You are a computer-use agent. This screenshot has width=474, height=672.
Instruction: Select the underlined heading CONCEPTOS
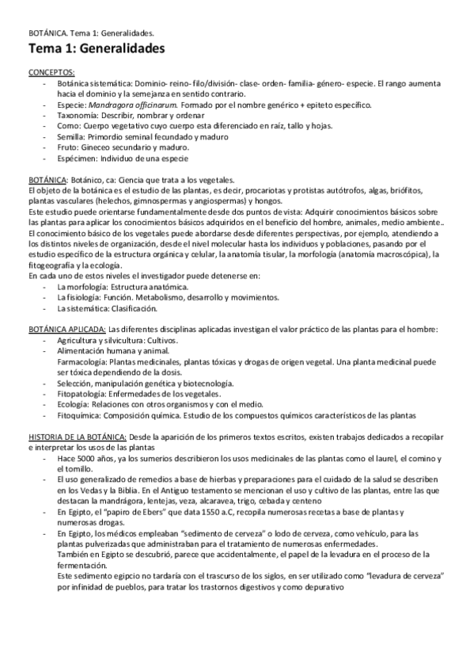(x=51, y=72)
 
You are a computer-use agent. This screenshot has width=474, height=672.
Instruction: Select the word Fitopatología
(x=82, y=394)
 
